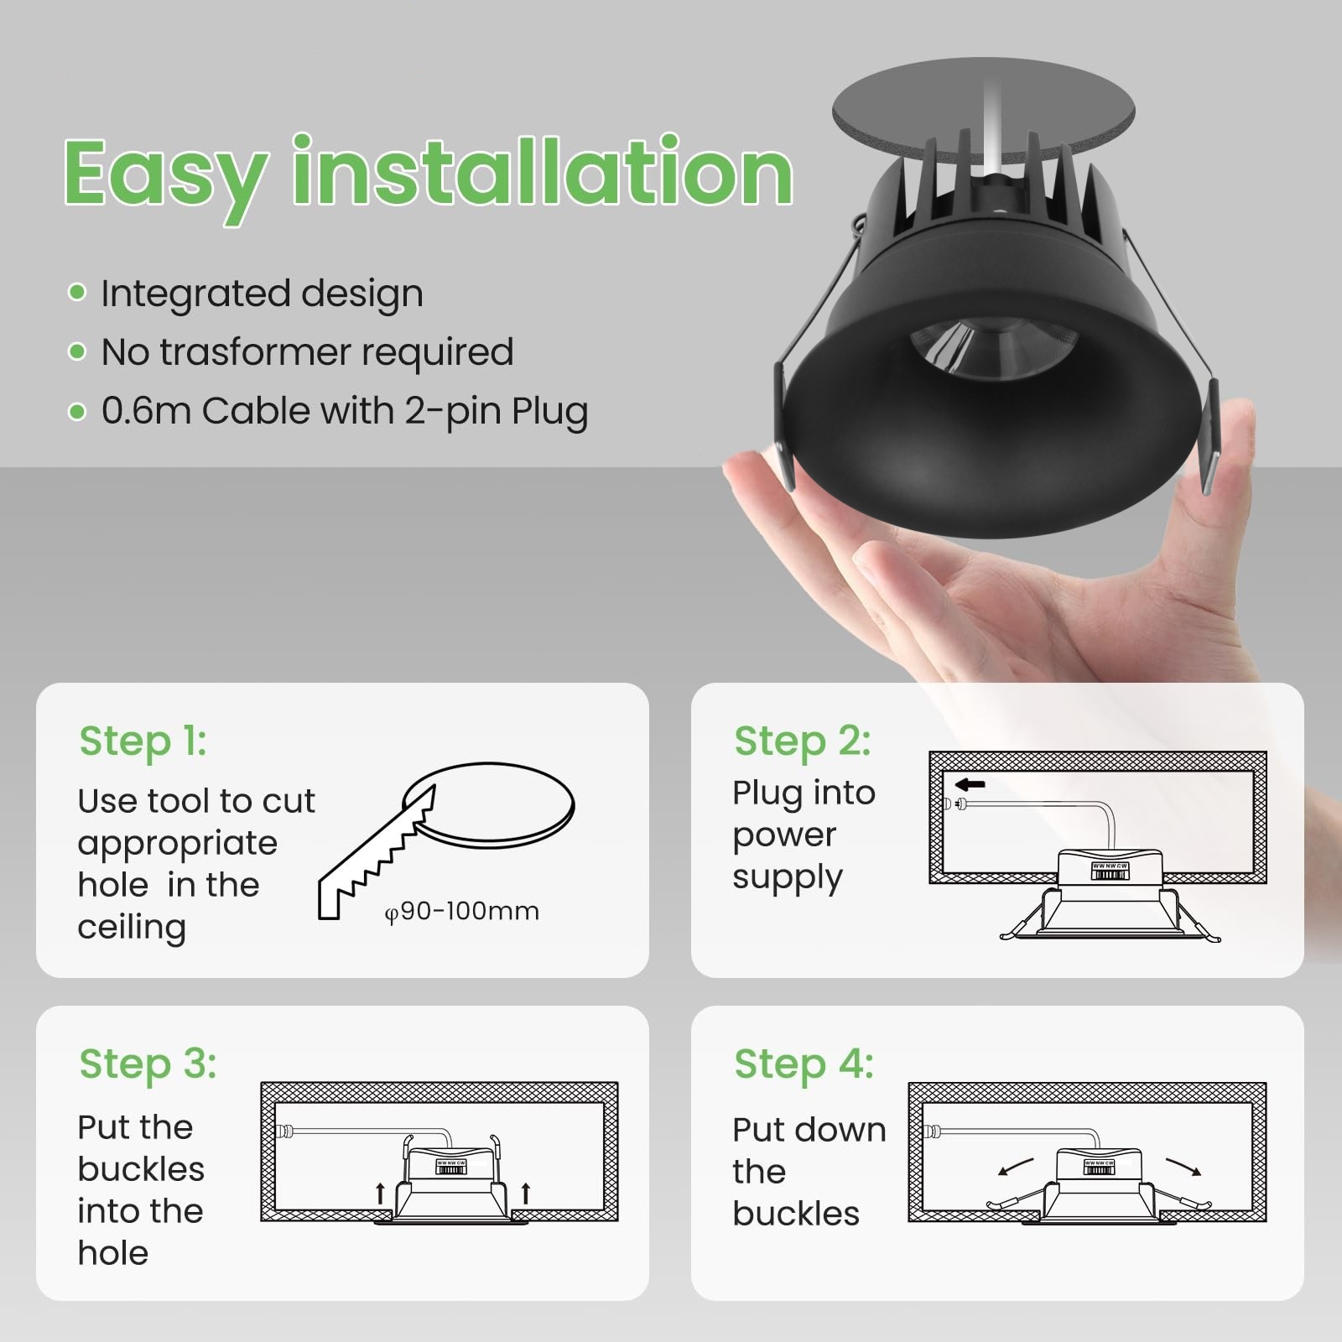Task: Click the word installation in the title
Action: (x=542, y=169)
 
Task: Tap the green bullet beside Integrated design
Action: (x=77, y=293)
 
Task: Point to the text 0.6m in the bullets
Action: (x=147, y=411)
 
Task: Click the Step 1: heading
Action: (x=143, y=741)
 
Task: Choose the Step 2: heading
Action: (x=803, y=741)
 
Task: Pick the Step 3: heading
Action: (x=148, y=1064)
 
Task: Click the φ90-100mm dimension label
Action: (x=461, y=911)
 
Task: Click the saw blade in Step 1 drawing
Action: (x=377, y=855)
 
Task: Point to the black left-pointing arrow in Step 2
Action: (x=970, y=785)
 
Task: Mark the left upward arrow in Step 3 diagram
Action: (x=380, y=1193)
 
